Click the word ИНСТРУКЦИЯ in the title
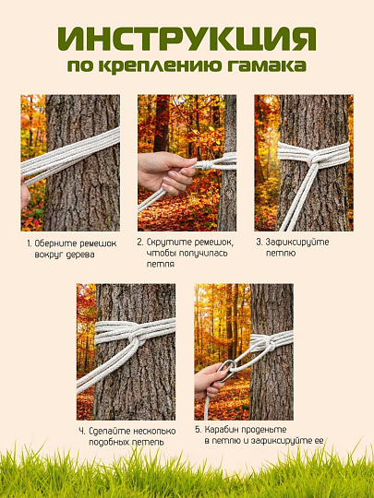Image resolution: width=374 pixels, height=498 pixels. tap(187, 39)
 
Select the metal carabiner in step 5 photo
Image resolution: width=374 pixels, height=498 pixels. tap(227, 371)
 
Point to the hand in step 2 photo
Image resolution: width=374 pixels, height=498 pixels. tap(166, 172)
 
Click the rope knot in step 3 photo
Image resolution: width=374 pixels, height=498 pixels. tap(314, 158)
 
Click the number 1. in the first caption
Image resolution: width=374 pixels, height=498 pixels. tap(30, 243)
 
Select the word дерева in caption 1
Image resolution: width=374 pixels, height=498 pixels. tap(80, 255)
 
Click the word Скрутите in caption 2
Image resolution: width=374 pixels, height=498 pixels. tap(164, 243)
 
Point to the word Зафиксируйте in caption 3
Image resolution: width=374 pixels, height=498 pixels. tap(293, 243)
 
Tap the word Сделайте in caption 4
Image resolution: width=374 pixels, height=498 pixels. tap(105, 432)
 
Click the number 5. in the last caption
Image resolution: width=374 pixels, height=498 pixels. tap(199, 430)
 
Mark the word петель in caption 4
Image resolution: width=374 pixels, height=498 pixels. tap(150, 442)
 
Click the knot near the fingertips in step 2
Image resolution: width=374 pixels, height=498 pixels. tap(206, 165)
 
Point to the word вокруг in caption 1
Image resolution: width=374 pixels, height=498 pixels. tap(49, 255)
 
